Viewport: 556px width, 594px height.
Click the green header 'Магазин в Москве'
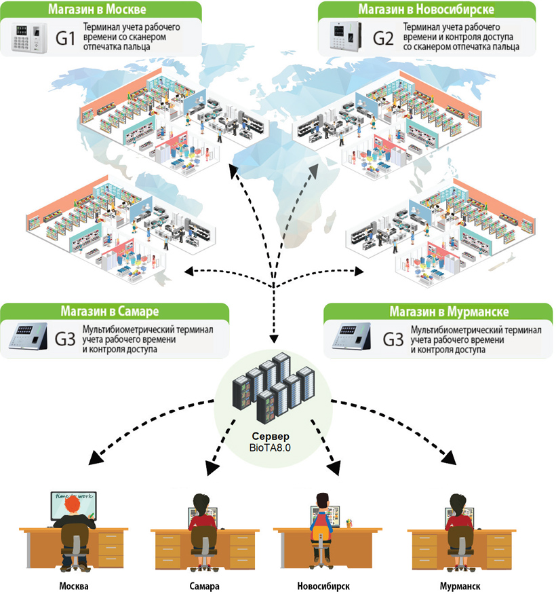click(x=102, y=9)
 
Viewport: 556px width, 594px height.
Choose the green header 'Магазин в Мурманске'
click(x=439, y=312)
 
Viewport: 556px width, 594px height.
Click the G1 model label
click(x=64, y=37)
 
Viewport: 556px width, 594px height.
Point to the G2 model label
click(x=384, y=37)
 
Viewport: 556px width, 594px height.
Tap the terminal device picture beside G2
click(x=344, y=37)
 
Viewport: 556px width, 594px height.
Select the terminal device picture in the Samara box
click(x=26, y=337)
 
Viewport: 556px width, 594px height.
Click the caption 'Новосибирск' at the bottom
click(x=323, y=585)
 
